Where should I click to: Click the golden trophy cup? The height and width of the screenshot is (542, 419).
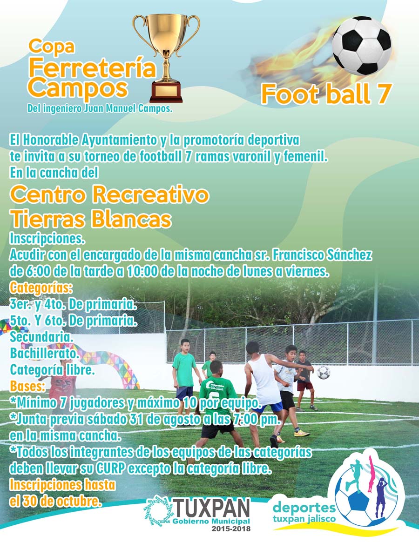(166, 58)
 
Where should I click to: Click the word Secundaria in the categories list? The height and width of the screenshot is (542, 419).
(41, 336)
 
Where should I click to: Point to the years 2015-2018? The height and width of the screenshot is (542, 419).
(231, 529)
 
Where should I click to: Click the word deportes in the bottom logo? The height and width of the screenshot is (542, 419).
(304, 508)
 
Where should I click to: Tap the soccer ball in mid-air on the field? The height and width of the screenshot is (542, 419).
(323, 372)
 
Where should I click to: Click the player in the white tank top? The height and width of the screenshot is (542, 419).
(265, 391)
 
